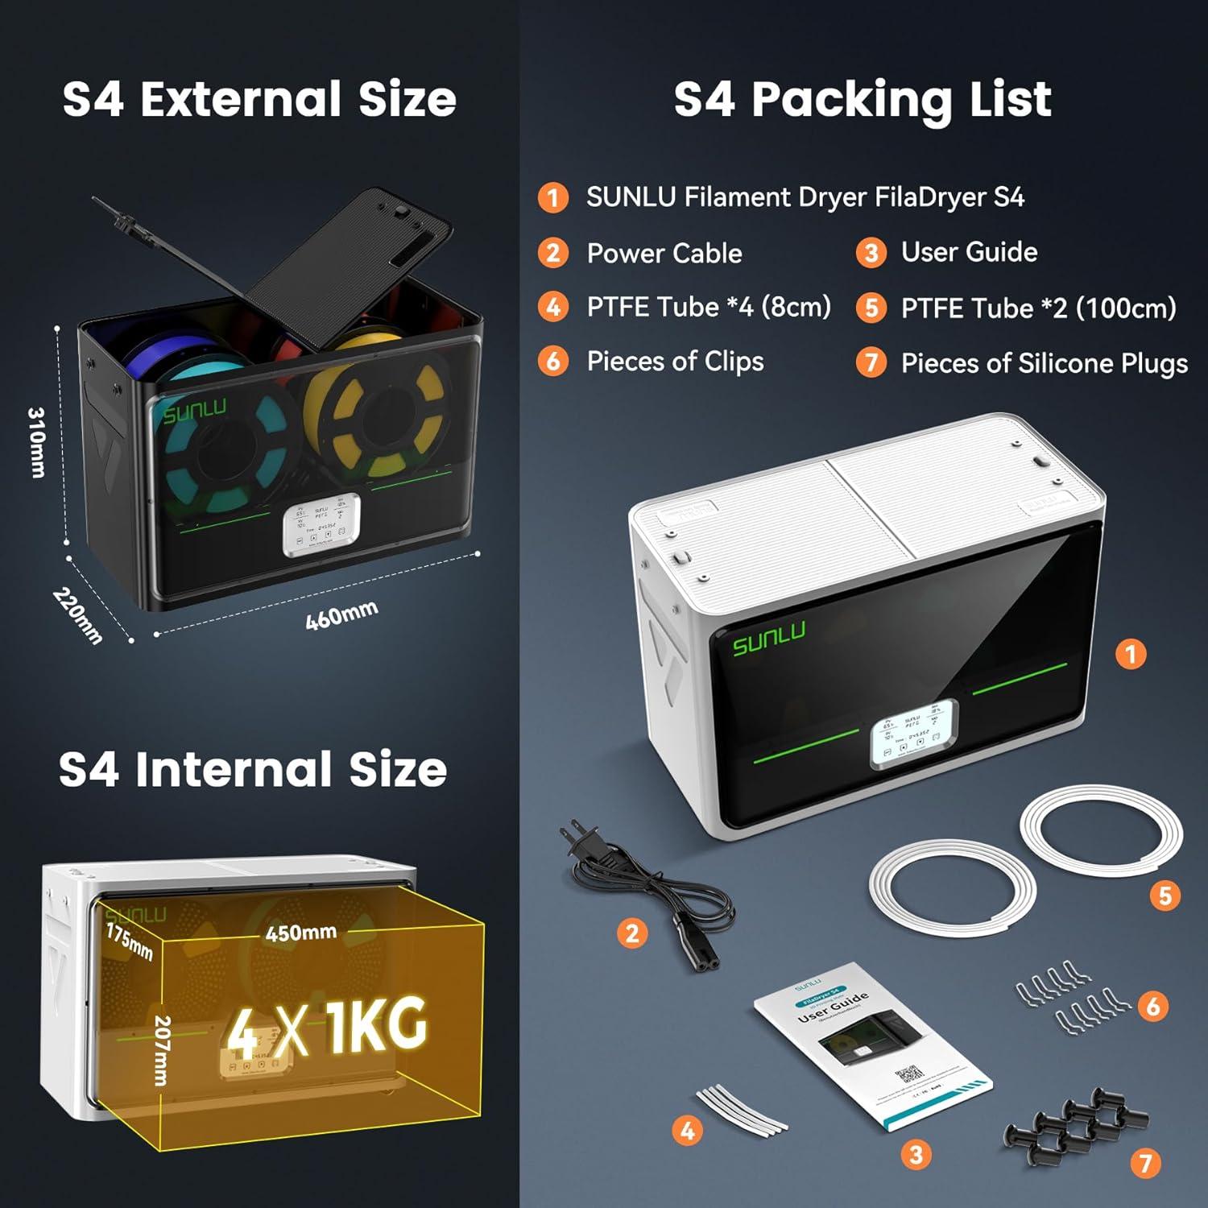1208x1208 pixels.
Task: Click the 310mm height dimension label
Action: point(37,442)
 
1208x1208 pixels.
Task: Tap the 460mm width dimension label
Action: point(341,615)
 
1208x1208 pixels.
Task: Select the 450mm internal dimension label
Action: point(301,933)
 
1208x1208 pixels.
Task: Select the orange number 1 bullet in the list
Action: point(553,197)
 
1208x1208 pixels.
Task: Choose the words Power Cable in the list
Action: point(664,253)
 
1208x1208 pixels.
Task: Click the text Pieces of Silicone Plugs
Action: point(1044,363)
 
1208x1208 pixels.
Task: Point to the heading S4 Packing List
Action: point(863,99)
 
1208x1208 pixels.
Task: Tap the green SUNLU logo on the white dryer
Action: point(768,638)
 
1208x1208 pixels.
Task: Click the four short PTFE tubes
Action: point(742,1109)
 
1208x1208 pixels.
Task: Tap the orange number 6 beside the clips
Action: point(1153,1006)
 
